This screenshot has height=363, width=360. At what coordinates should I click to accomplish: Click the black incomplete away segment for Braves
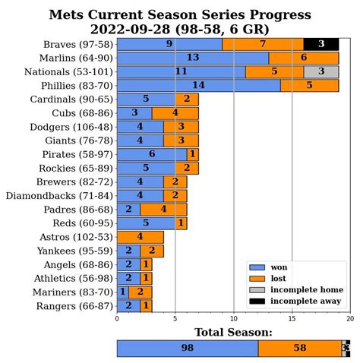321,44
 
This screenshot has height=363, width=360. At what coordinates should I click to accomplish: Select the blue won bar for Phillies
198,85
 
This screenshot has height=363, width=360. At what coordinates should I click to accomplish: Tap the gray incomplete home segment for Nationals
327,71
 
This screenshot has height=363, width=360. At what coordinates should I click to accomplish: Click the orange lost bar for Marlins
304,58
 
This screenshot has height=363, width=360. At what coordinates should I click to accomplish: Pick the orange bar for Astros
140,237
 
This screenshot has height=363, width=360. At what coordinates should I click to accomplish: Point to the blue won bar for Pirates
151,154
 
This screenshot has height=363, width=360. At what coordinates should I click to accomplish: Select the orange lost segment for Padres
163,209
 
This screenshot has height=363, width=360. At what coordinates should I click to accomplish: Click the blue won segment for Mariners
122,292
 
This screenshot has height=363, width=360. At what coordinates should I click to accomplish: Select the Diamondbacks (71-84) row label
69,195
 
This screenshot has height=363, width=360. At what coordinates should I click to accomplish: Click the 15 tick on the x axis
292,320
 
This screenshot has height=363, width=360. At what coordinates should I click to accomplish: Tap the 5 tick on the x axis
175,320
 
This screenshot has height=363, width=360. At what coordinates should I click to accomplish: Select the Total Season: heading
233,332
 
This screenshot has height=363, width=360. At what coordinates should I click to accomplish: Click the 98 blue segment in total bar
187,348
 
